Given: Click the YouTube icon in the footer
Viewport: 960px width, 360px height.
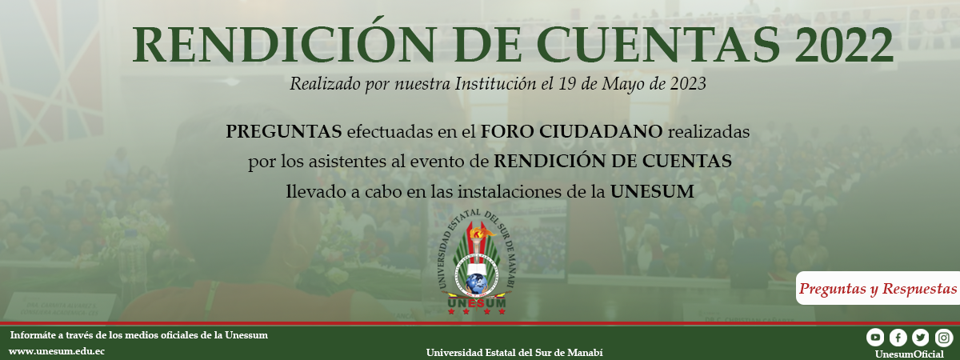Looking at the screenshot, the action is (875, 338).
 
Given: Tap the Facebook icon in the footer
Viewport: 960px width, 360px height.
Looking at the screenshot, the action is (898, 338).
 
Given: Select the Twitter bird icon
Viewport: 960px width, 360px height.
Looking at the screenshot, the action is (921, 338).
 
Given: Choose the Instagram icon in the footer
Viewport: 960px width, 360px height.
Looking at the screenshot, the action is (943, 338).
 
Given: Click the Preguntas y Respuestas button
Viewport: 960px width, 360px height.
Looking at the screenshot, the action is (878, 289).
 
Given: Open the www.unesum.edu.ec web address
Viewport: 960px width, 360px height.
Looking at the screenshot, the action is (56, 351).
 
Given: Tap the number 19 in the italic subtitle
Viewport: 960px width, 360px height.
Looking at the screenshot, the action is (566, 83).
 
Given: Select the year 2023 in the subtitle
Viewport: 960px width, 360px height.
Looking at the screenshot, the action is (688, 83).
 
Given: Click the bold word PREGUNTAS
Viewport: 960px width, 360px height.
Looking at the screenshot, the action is (284, 131).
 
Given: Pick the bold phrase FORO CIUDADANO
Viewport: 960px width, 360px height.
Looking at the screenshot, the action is (572, 131).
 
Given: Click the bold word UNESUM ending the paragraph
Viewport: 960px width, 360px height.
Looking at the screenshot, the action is (652, 191).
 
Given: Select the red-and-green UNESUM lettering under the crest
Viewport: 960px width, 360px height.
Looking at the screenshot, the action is (477, 304).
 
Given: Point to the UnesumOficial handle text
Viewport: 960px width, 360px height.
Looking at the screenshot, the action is (910, 354).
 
